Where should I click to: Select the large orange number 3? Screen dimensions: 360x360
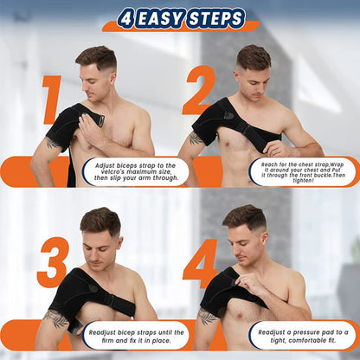click(52, 264)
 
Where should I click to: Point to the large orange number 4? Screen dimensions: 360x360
click(200, 263)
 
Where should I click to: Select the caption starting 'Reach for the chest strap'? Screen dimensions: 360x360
click(303, 170)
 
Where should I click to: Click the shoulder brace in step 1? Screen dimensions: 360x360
click(68, 130)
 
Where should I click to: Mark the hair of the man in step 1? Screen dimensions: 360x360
click(94, 56)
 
